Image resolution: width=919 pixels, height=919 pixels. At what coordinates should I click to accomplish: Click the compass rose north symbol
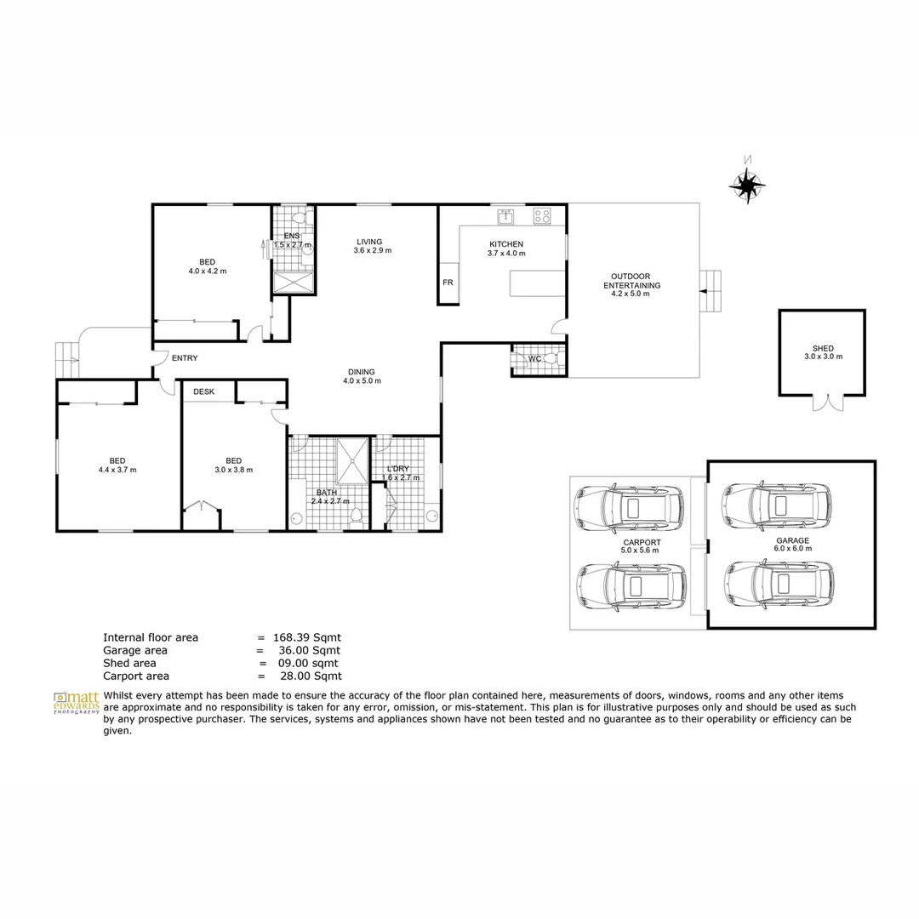746,184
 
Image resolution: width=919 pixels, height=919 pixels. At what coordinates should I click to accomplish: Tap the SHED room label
823,348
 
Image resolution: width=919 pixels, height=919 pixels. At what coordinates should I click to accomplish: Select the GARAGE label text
792,540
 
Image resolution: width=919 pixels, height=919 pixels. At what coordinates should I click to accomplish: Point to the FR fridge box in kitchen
448,283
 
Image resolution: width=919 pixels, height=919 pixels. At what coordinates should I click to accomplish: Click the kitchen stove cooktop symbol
542,217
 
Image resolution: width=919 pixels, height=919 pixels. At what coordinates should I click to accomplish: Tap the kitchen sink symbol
506,217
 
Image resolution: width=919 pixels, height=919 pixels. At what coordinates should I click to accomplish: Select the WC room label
534,359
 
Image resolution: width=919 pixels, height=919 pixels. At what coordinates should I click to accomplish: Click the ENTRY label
185,358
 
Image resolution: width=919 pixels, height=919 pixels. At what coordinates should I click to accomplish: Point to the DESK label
204,391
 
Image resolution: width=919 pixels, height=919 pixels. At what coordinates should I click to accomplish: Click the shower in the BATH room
351,460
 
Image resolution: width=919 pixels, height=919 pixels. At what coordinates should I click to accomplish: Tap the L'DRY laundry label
398,469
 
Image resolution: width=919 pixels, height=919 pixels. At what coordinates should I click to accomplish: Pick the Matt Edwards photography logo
76,702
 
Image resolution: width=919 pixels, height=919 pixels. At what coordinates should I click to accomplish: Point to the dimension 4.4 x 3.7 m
117,470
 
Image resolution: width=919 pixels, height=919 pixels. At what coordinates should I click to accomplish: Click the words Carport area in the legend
136,676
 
